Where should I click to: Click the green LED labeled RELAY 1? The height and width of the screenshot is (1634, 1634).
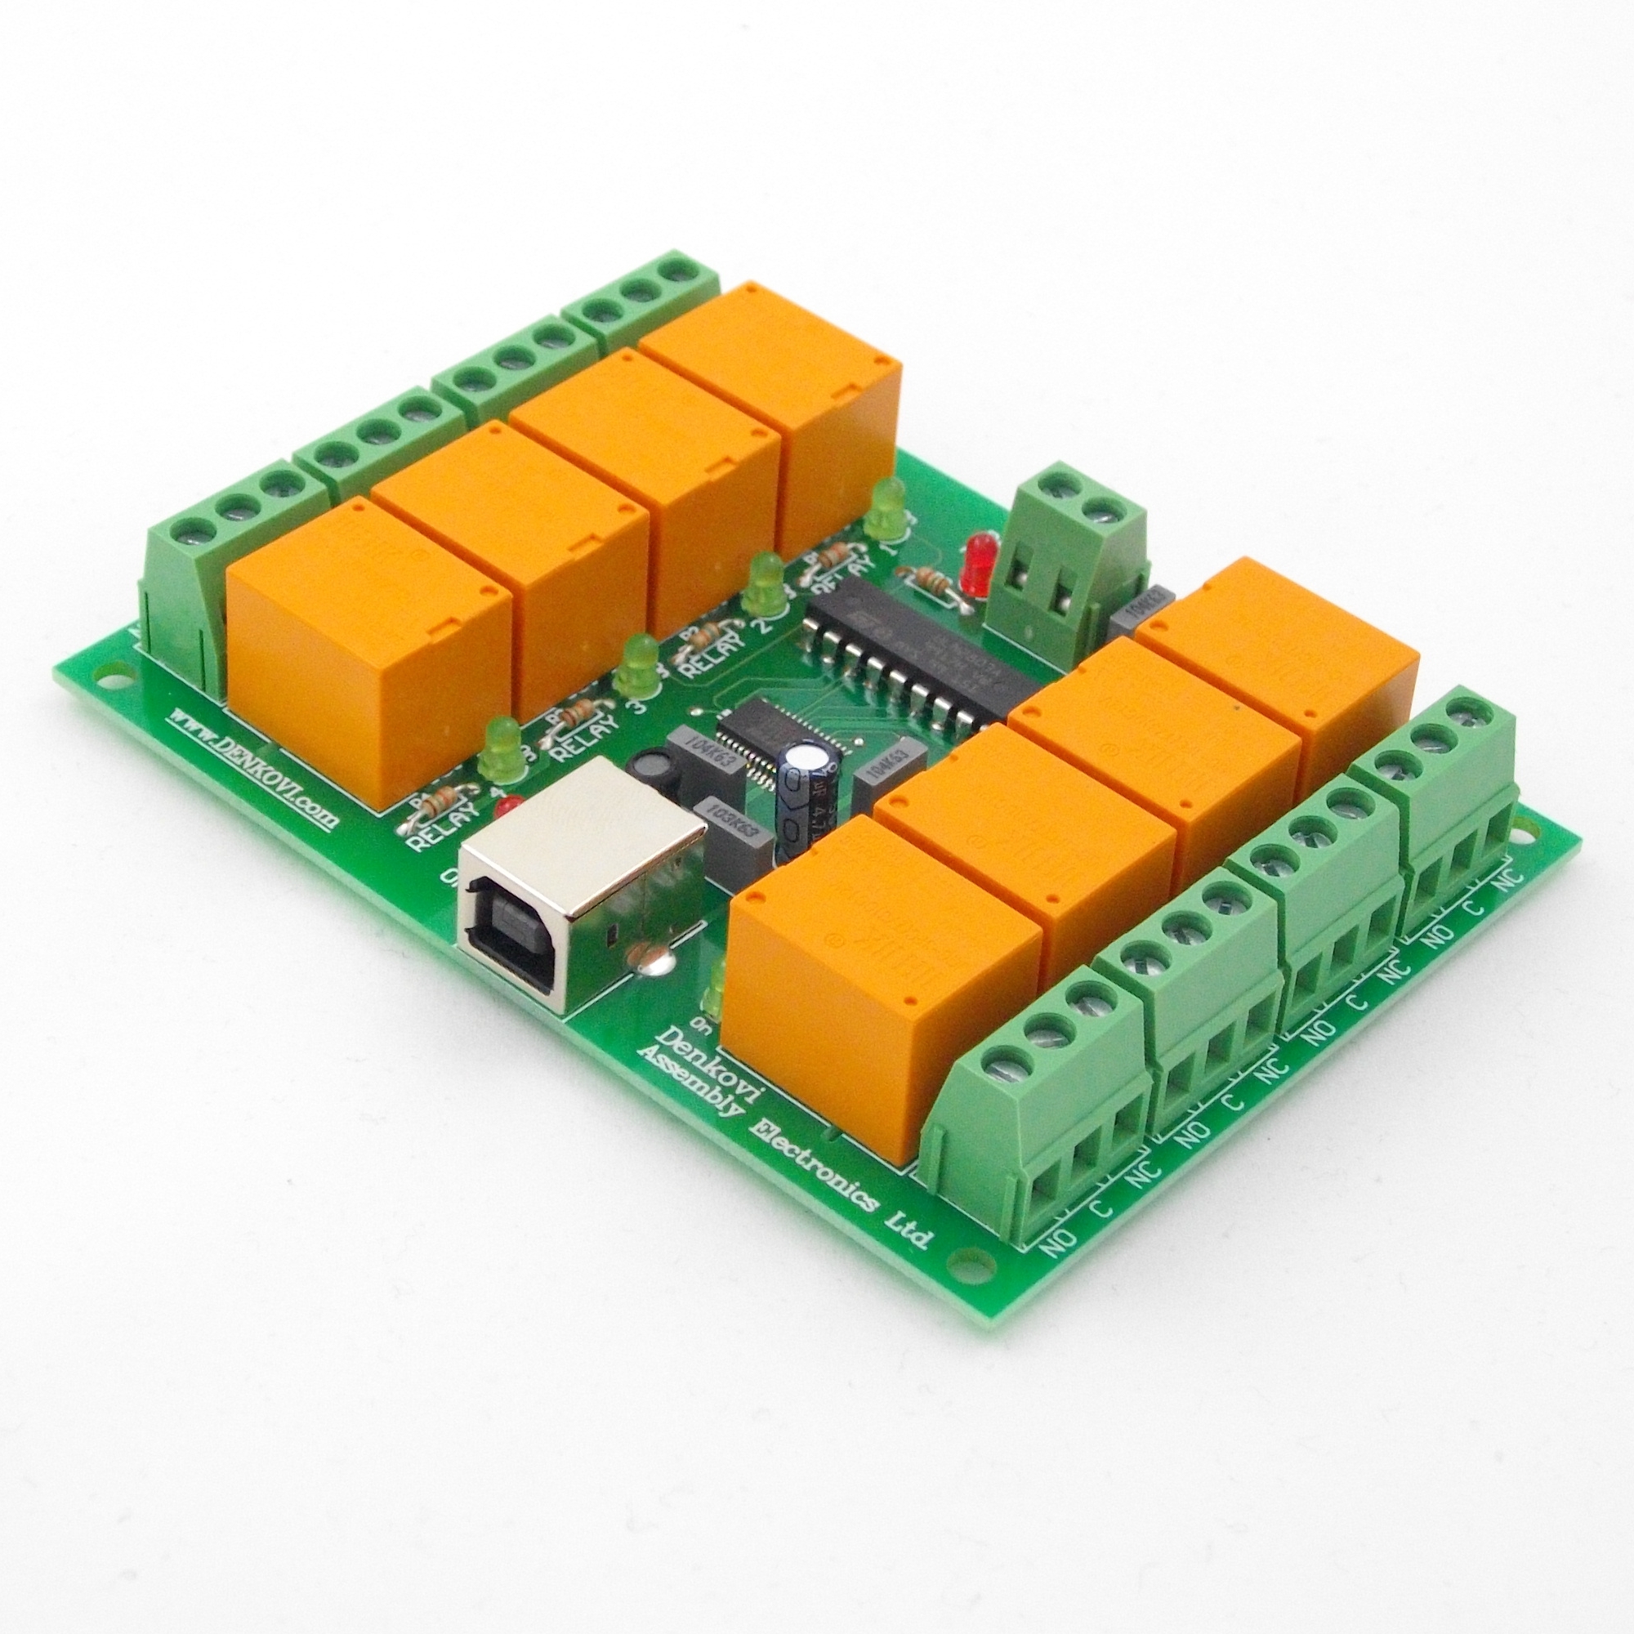[884, 507]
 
